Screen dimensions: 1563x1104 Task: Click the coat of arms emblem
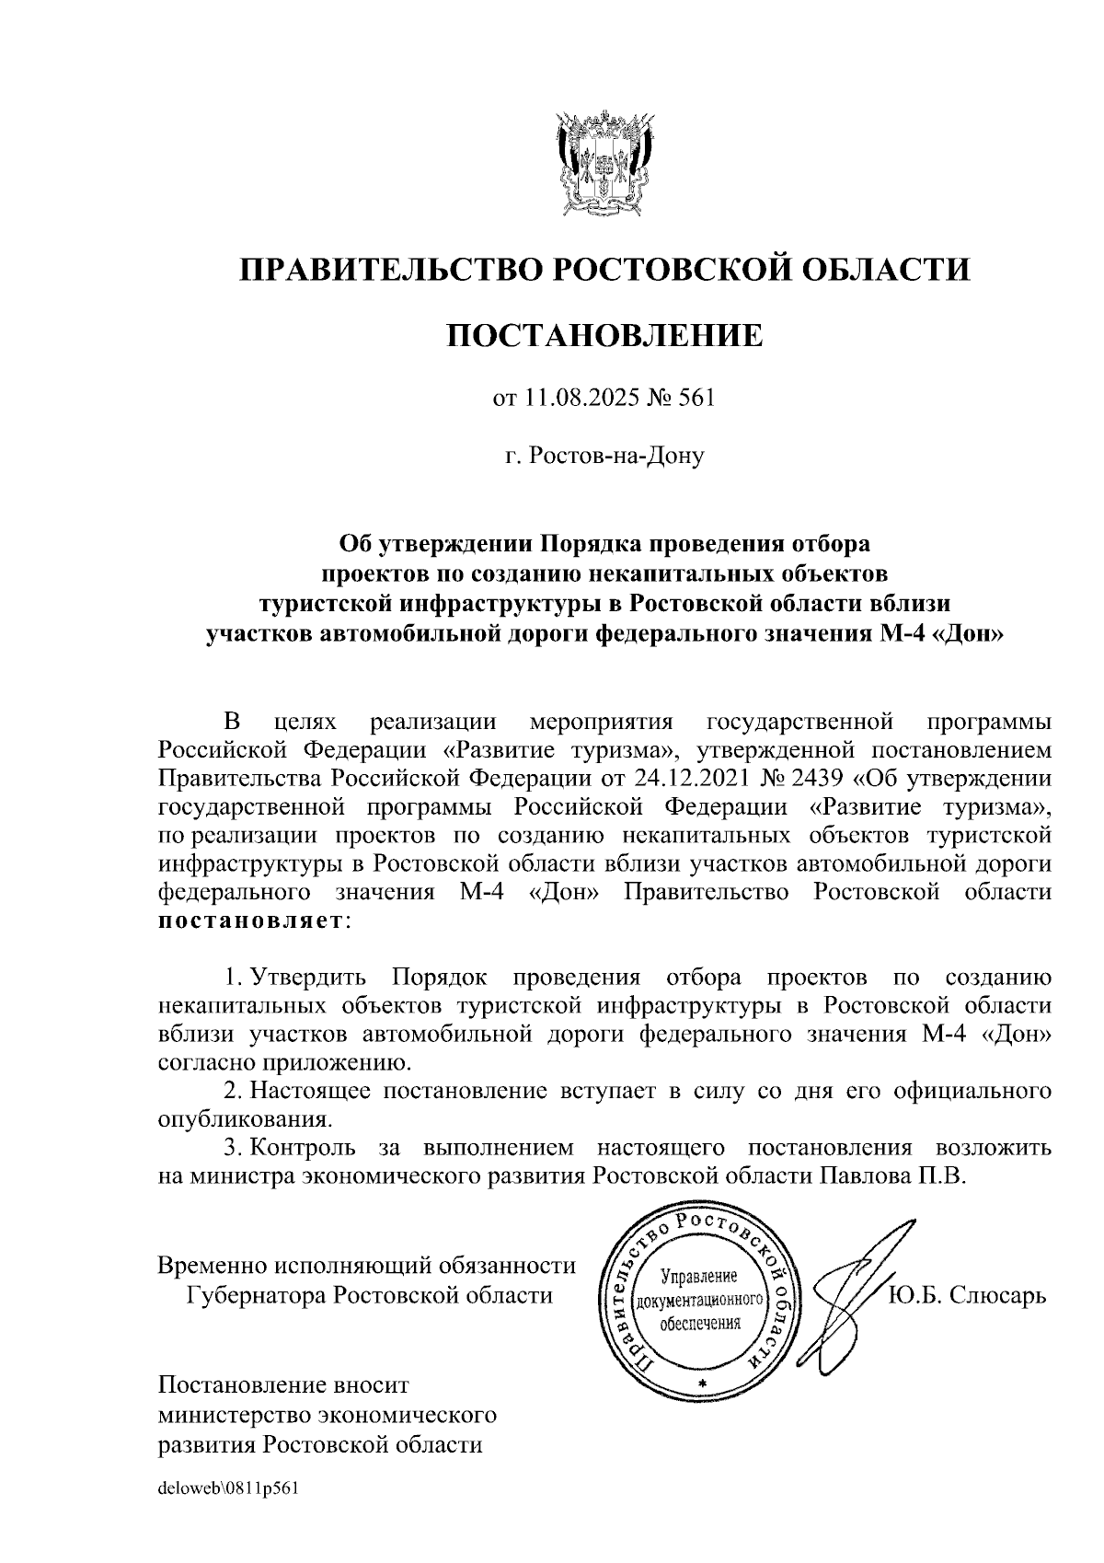(x=604, y=162)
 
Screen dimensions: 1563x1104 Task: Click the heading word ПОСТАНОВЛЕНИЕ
(x=604, y=335)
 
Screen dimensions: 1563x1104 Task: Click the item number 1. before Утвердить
(x=234, y=976)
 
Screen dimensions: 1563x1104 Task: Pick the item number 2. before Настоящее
(x=234, y=1092)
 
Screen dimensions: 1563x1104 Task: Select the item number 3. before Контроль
(x=234, y=1148)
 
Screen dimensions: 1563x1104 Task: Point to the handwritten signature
(x=851, y=1298)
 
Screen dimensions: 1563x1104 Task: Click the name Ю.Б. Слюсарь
(x=968, y=1296)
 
